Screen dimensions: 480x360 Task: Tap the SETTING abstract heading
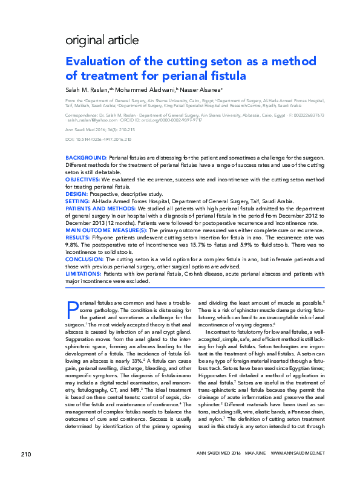[x=77, y=201]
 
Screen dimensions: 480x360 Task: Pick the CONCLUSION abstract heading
[x=85, y=260]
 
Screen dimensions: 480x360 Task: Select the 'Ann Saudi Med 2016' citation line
[x=100, y=129]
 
